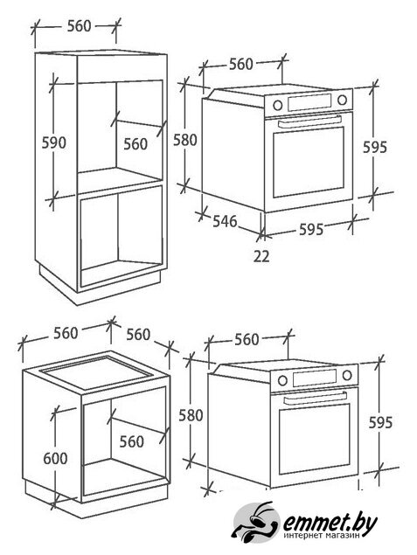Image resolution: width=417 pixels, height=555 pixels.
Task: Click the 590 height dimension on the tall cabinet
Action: tap(54, 142)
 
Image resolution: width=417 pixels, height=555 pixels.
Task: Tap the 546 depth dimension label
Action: tap(225, 221)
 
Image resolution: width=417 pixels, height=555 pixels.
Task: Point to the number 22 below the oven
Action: tap(261, 256)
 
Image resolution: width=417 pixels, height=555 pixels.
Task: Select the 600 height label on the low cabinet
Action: tap(55, 458)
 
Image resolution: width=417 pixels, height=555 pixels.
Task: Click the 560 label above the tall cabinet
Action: tap(80, 26)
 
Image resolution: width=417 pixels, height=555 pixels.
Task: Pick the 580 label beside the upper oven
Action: tap(184, 140)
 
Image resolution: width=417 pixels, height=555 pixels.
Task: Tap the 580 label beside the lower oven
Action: tap(191, 415)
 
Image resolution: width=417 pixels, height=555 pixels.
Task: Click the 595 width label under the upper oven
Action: tap(311, 229)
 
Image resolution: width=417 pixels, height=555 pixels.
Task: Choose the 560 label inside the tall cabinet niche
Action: tap(136, 144)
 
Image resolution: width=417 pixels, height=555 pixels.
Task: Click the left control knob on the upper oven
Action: tap(277, 105)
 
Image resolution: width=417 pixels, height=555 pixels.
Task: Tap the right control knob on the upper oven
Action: tap(342, 100)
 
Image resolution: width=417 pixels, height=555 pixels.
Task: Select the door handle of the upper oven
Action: tap(310, 121)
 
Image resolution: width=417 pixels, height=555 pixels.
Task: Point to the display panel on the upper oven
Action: tap(309, 102)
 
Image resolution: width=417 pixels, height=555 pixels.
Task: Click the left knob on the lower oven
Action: tap(282, 380)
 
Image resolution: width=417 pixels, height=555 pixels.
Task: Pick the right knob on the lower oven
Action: tap(347, 375)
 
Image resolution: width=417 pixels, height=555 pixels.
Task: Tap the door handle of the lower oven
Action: tap(316, 397)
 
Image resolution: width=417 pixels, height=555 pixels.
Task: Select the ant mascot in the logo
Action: tap(255, 522)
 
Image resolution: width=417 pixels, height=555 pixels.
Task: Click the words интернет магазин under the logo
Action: tap(322, 536)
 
